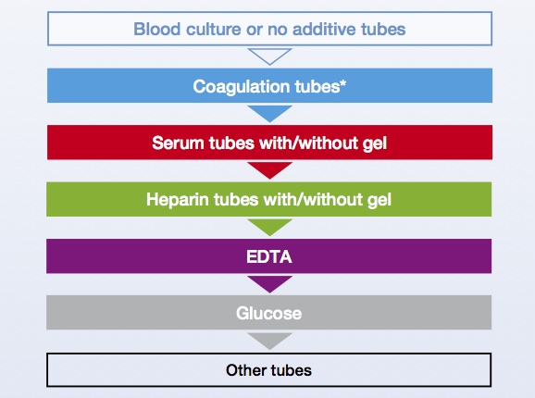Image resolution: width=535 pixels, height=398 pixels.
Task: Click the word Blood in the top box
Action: (156, 29)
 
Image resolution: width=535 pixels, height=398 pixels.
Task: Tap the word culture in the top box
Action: (214, 29)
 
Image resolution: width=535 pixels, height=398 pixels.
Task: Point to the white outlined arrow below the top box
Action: (269, 56)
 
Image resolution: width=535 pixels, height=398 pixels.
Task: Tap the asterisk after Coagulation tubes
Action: (343, 83)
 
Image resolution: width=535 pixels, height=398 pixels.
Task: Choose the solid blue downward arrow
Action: (269, 114)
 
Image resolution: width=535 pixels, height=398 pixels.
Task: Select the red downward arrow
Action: (269, 170)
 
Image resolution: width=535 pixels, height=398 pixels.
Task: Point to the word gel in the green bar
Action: (379, 201)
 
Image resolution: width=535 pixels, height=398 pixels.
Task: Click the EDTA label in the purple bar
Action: (269, 256)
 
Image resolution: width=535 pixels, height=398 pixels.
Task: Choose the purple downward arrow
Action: (269, 284)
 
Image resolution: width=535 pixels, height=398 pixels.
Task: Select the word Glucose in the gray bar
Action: (268, 314)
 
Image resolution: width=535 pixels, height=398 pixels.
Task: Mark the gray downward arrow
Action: (269, 341)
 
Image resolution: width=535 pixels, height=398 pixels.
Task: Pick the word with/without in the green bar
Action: (313, 200)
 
